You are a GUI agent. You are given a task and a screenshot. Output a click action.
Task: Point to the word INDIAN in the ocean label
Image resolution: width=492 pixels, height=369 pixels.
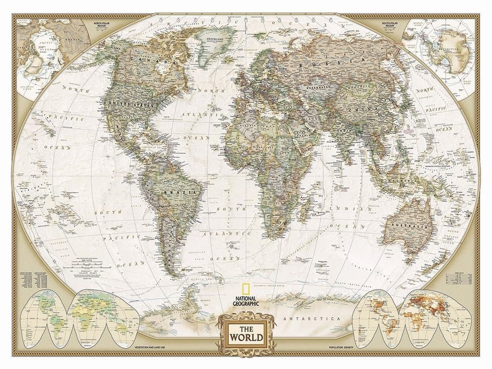[x=344, y=209]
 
